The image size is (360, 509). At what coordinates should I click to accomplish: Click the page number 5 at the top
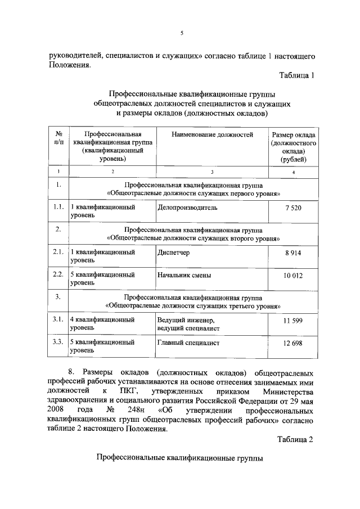(182, 33)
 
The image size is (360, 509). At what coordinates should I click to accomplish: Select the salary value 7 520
(293, 208)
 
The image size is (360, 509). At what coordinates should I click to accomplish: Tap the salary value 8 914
(293, 253)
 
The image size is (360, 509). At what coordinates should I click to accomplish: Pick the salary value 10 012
(293, 275)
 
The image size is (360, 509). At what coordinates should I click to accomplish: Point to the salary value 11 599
(293, 320)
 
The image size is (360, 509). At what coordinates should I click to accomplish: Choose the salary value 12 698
(293, 343)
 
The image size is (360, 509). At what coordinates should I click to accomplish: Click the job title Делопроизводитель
(187, 208)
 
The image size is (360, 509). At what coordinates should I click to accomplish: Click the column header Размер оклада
(293, 135)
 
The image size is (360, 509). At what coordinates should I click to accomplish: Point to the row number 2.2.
(57, 274)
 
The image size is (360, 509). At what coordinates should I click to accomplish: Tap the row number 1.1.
(57, 207)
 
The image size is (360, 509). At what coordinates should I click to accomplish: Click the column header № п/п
(58, 138)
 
